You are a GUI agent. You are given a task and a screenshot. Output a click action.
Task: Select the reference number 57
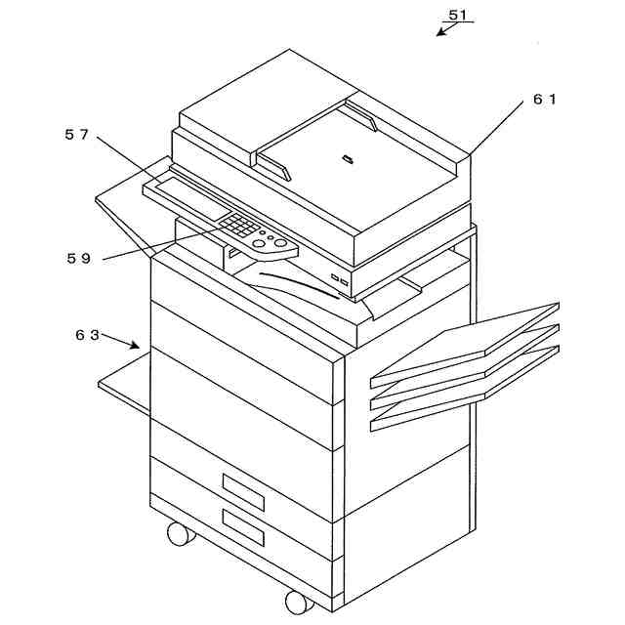point(77,135)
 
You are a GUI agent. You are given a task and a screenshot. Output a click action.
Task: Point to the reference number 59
point(79,259)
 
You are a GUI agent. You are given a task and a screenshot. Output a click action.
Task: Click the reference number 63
point(88,334)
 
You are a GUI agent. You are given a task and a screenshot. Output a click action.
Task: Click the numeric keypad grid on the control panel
point(237,227)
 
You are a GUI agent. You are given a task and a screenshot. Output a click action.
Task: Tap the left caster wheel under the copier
point(180,533)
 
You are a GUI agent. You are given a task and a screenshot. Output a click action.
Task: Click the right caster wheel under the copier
point(298,600)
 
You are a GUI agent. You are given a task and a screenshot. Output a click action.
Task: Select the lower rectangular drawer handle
point(243,527)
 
